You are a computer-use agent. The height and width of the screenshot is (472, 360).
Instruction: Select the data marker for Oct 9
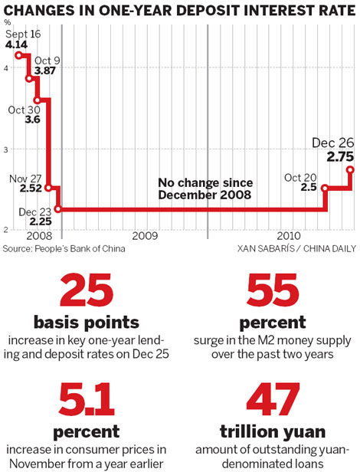[30, 79]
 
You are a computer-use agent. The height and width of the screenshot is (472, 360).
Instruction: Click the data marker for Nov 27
[48, 188]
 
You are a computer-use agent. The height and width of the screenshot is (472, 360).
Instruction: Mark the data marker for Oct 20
[325, 188]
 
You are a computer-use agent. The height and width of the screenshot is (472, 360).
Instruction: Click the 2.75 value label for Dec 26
[339, 156]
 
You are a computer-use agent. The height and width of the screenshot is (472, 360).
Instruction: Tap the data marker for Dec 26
[350, 169]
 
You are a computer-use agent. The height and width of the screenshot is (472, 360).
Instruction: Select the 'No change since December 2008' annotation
[205, 188]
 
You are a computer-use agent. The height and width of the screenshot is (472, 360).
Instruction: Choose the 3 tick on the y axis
[7, 149]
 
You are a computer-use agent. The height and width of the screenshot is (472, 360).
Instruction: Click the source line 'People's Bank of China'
[63, 248]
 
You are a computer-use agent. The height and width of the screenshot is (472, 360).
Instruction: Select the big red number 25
[86, 293]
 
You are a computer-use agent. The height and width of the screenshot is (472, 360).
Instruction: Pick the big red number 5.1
[86, 398]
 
